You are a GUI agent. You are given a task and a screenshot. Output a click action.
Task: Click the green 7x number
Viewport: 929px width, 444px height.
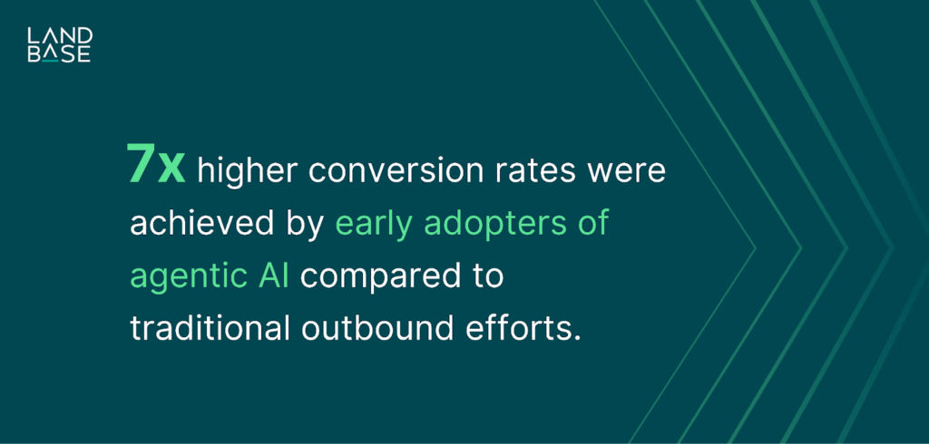[157, 167]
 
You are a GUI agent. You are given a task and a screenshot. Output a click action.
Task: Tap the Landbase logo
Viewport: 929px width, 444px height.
[59, 44]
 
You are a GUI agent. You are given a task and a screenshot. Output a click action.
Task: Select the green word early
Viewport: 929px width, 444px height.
[374, 225]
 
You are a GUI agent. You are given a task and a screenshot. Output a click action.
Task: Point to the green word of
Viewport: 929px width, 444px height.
[593, 223]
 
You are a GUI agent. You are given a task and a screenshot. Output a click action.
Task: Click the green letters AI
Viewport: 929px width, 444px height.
[273, 275]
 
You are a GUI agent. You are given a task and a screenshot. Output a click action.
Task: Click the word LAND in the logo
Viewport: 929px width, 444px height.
[59, 35]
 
